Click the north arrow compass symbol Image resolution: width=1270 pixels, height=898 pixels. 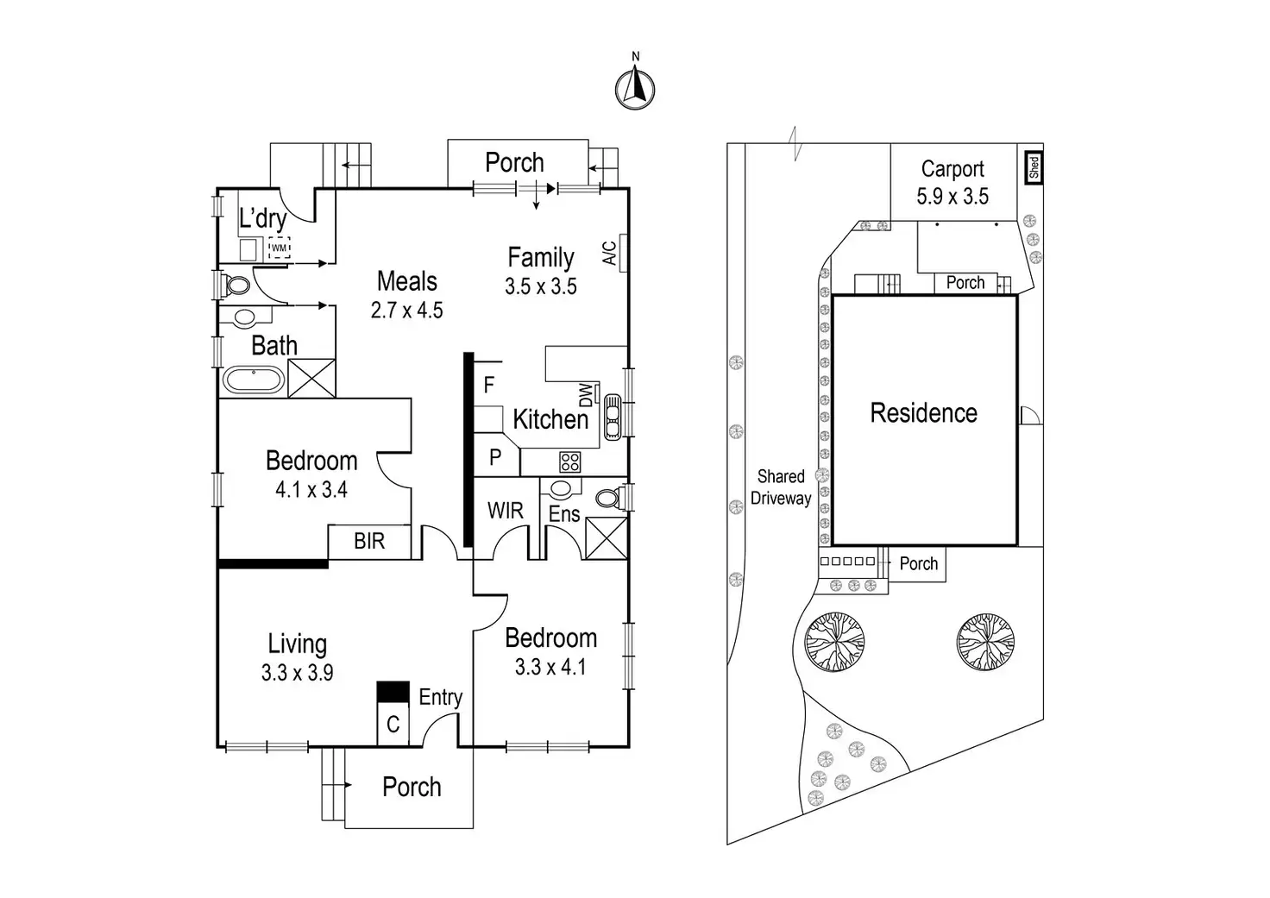tap(635, 87)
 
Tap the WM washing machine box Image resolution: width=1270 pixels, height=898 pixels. tap(279, 248)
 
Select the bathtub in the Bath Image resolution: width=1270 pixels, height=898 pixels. tap(252, 380)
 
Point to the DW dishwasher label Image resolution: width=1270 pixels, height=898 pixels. tap(587, 395)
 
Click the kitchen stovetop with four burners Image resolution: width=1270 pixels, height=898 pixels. tap(569, 462)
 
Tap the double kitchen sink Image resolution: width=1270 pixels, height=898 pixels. tap(613, 418)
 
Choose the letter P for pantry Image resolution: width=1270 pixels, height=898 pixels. tap(495, 457)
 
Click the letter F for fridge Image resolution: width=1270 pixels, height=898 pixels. tap(489, 385)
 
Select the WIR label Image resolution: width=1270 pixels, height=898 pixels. tap(505, 511)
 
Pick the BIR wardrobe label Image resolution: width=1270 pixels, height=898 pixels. tap(369, 542)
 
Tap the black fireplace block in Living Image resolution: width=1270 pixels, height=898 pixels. tap(393, 691)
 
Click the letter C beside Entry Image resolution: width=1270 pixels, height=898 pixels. tap(393, 724)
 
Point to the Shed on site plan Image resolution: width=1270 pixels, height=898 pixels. tap(1034, 167)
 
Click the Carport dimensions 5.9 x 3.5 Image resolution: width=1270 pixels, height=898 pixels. tap(952, 197)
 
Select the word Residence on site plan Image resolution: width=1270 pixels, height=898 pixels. tap(923, 413)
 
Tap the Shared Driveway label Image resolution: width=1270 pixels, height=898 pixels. tap(781, 487)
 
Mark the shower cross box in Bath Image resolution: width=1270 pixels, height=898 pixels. tap(311, 378)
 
